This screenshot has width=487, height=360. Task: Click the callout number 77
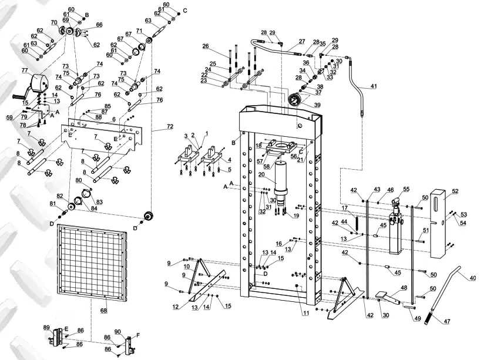point(25,70)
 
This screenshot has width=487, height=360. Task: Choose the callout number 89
point(46,328)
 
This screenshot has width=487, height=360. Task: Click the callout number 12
point(176,307)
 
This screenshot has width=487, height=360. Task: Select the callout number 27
point(301,42)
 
